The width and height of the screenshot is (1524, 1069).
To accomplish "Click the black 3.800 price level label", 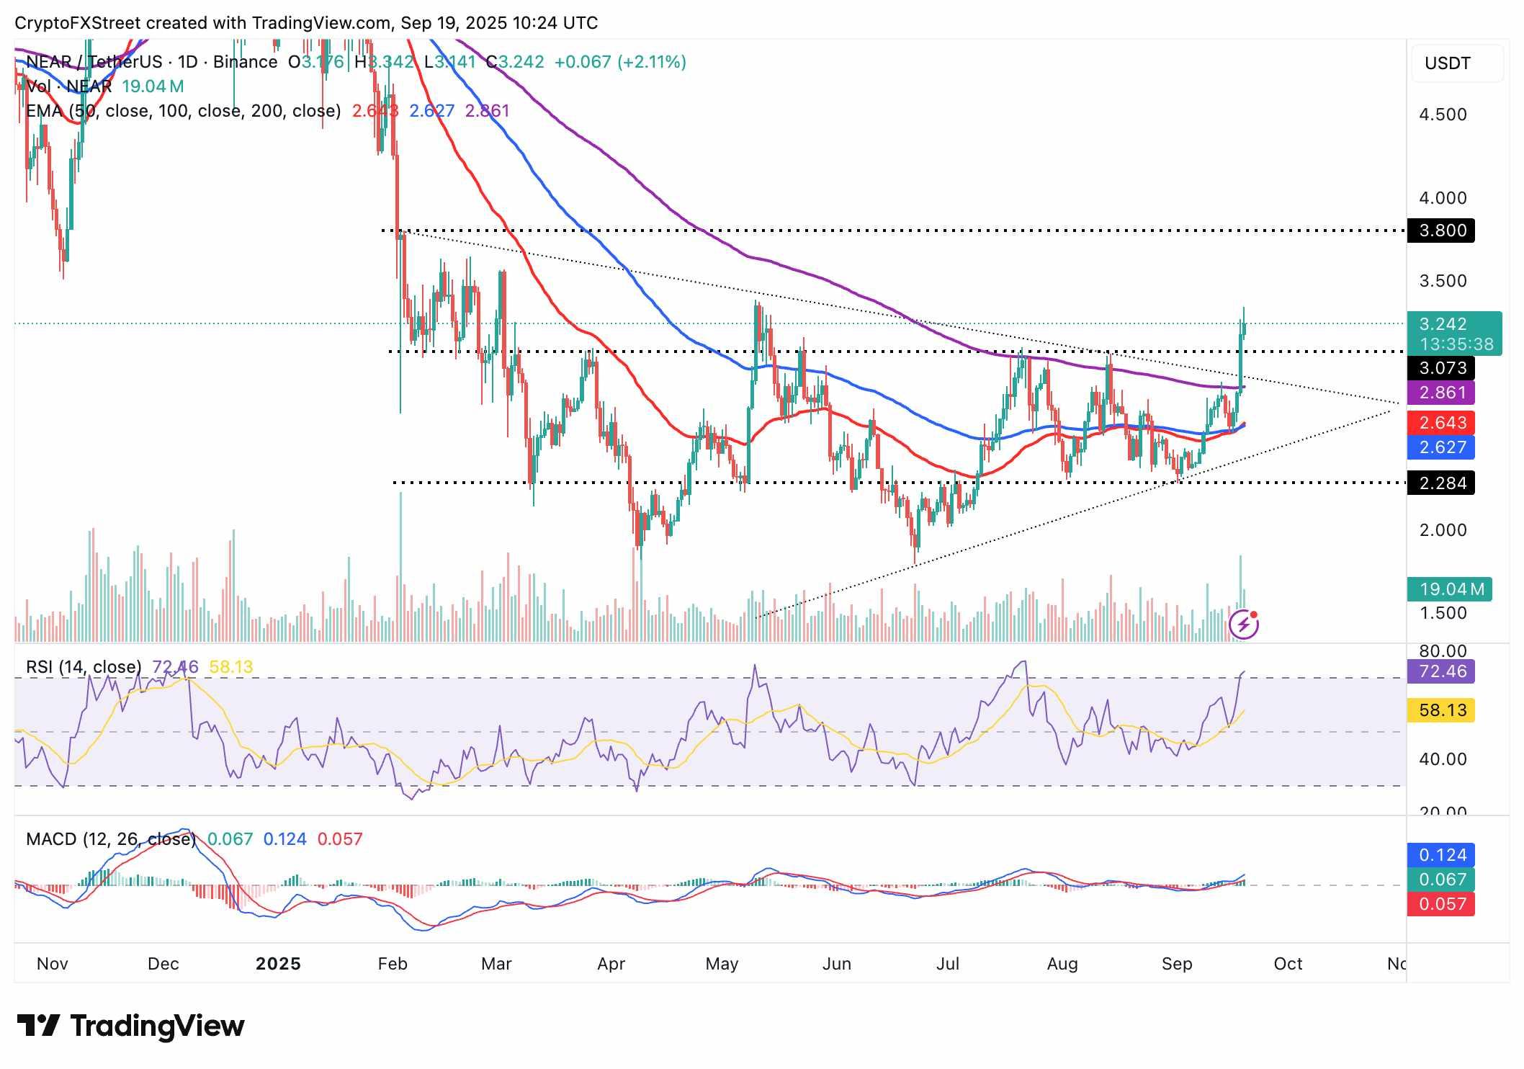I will coord(1441,231).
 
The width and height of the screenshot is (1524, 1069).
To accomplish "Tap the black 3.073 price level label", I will coord(1441,368).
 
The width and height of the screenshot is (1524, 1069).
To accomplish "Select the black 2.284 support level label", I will coord(1441,483).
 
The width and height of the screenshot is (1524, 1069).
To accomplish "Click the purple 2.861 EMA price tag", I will coord(1441,393).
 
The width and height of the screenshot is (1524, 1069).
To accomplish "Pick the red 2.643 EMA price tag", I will coord(1441,423).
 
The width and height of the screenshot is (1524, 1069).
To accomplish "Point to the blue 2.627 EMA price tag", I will coord(1441,447).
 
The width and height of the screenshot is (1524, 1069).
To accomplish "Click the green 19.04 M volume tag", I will coord(1451,589).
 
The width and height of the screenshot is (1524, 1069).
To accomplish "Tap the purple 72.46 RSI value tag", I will coord(1441,671).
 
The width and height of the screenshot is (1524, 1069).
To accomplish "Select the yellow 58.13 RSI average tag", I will coord(1441,710).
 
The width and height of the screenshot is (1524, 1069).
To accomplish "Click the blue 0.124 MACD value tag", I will coord(1441,855).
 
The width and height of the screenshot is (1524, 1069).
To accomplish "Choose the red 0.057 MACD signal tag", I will coord(1441,904).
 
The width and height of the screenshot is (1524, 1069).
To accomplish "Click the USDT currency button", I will coord(1447,63).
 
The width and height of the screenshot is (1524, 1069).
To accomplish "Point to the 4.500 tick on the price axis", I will coord(1442,115).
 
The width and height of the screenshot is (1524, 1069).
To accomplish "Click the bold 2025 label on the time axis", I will coord(278,964).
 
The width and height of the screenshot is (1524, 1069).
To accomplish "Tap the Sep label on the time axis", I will coord(1177,964).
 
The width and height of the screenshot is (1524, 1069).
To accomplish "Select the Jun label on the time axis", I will coord(836,964).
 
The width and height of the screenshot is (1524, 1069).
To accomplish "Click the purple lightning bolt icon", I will coord(1244,625).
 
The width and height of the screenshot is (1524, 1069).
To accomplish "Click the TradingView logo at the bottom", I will coord(130,1026).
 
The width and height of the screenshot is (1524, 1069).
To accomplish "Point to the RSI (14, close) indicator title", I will coord(84,667).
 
